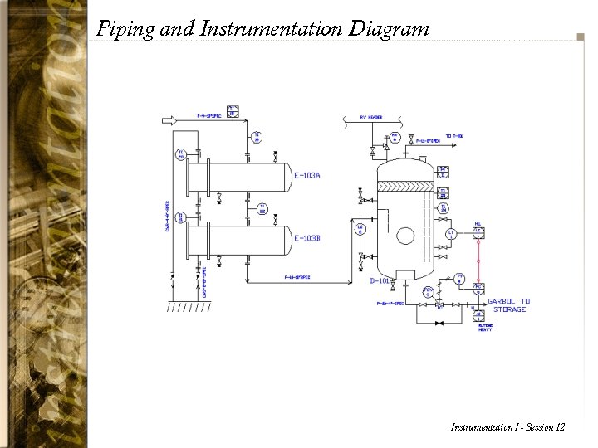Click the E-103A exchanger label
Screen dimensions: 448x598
coord(308,175)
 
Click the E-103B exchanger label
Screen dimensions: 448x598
coord(308,238)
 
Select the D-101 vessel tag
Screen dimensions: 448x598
coord(379,281)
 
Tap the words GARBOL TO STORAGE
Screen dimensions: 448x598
coord(509,305)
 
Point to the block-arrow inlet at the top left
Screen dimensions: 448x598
coord(169,120)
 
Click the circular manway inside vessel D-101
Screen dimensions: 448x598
coord(404,236)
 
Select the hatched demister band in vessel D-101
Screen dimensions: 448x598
coord(406,187)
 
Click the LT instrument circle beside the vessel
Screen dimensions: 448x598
coord(451,234)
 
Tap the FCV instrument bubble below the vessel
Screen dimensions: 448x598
coord(429,291)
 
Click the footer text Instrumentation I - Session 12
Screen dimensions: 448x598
coord(507,426)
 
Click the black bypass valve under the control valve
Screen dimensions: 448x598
coord(439,319)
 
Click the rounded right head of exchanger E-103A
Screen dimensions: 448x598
coord(286,178)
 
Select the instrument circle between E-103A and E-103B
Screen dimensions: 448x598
coord(262,207)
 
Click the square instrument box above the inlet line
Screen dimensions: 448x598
coord(233,110)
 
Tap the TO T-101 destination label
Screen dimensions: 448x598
coord(454,135)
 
